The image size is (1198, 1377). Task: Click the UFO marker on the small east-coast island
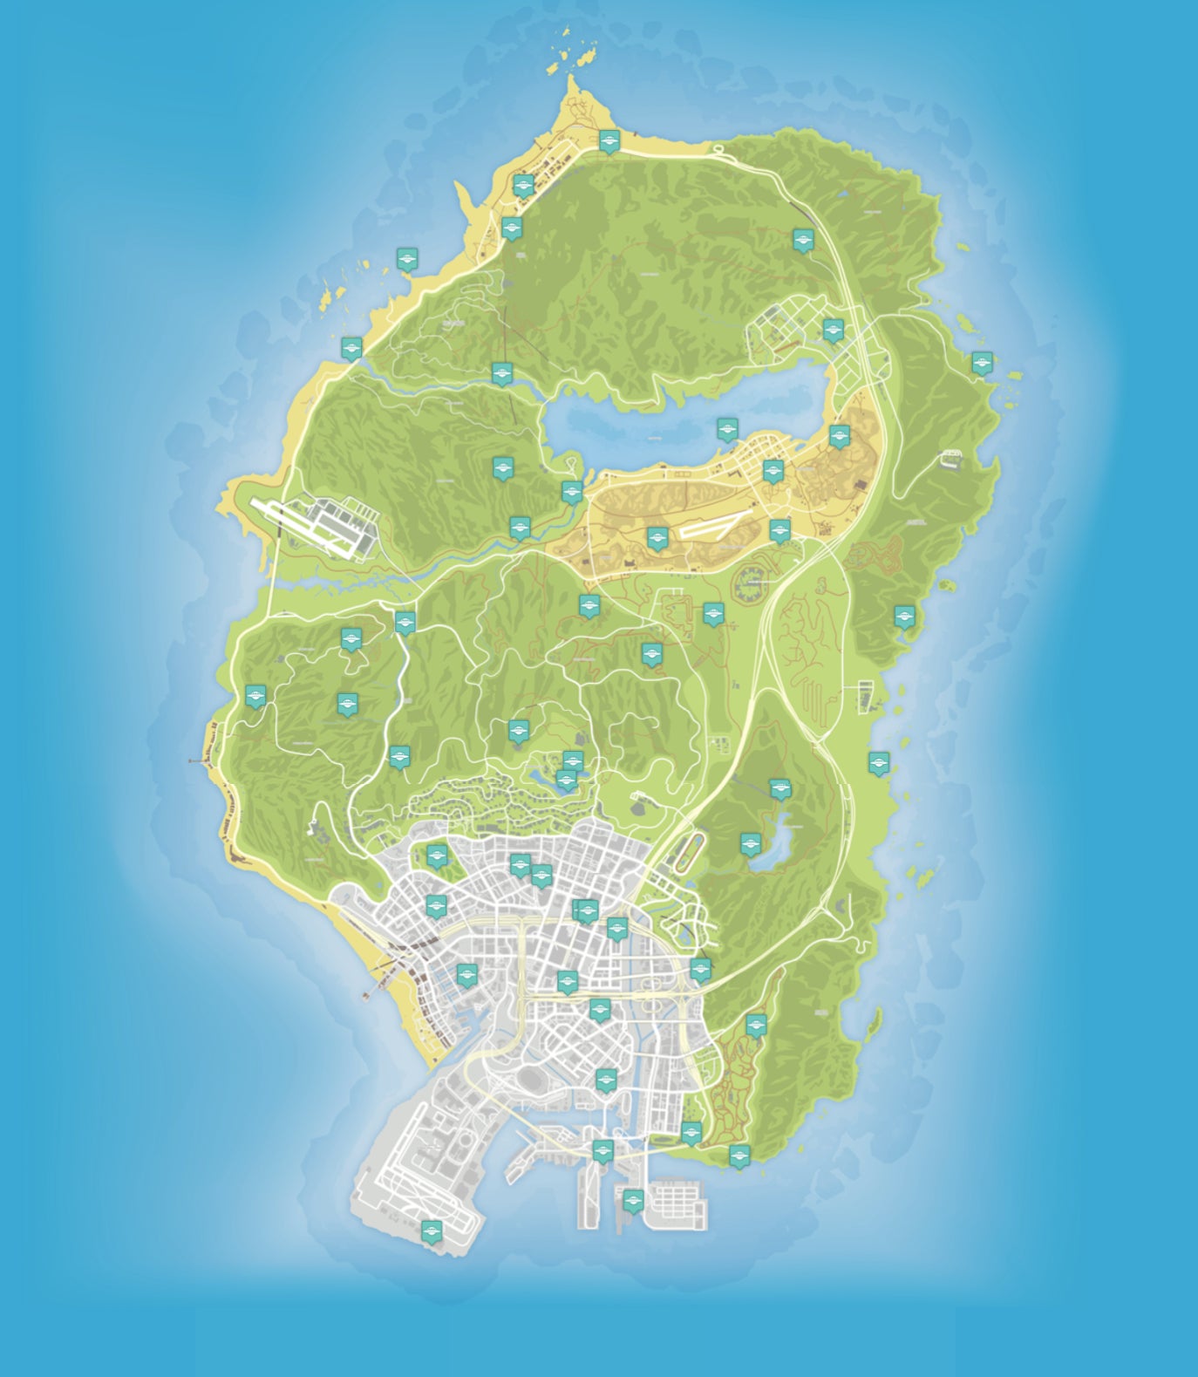[982, 362]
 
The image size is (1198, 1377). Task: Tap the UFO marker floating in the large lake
[727, 428]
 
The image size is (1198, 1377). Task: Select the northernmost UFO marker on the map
[609, 140]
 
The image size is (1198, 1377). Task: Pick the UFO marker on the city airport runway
[431, 1230]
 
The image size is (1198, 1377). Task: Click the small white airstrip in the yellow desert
[711, 527]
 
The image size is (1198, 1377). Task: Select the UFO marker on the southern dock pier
[633, 1199]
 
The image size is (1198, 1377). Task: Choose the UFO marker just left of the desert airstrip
[657, 537]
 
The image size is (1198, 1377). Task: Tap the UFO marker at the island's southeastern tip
[739, 1155]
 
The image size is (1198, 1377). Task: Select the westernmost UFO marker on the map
[255, 695]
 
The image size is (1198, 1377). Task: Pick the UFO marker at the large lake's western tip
[571, 491]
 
